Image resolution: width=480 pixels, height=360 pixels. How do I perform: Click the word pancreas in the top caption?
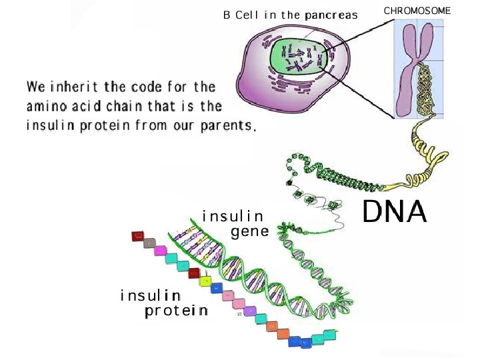click(331, 15)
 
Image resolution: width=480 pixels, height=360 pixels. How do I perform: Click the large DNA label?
click(394, 213)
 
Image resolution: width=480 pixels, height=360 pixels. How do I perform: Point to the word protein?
click(176, 311)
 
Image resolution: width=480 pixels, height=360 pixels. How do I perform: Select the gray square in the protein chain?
click(151, 243)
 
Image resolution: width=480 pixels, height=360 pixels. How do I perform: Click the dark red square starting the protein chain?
click(137, 235)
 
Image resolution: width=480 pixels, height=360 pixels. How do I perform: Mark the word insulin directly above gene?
click(233, 215)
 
